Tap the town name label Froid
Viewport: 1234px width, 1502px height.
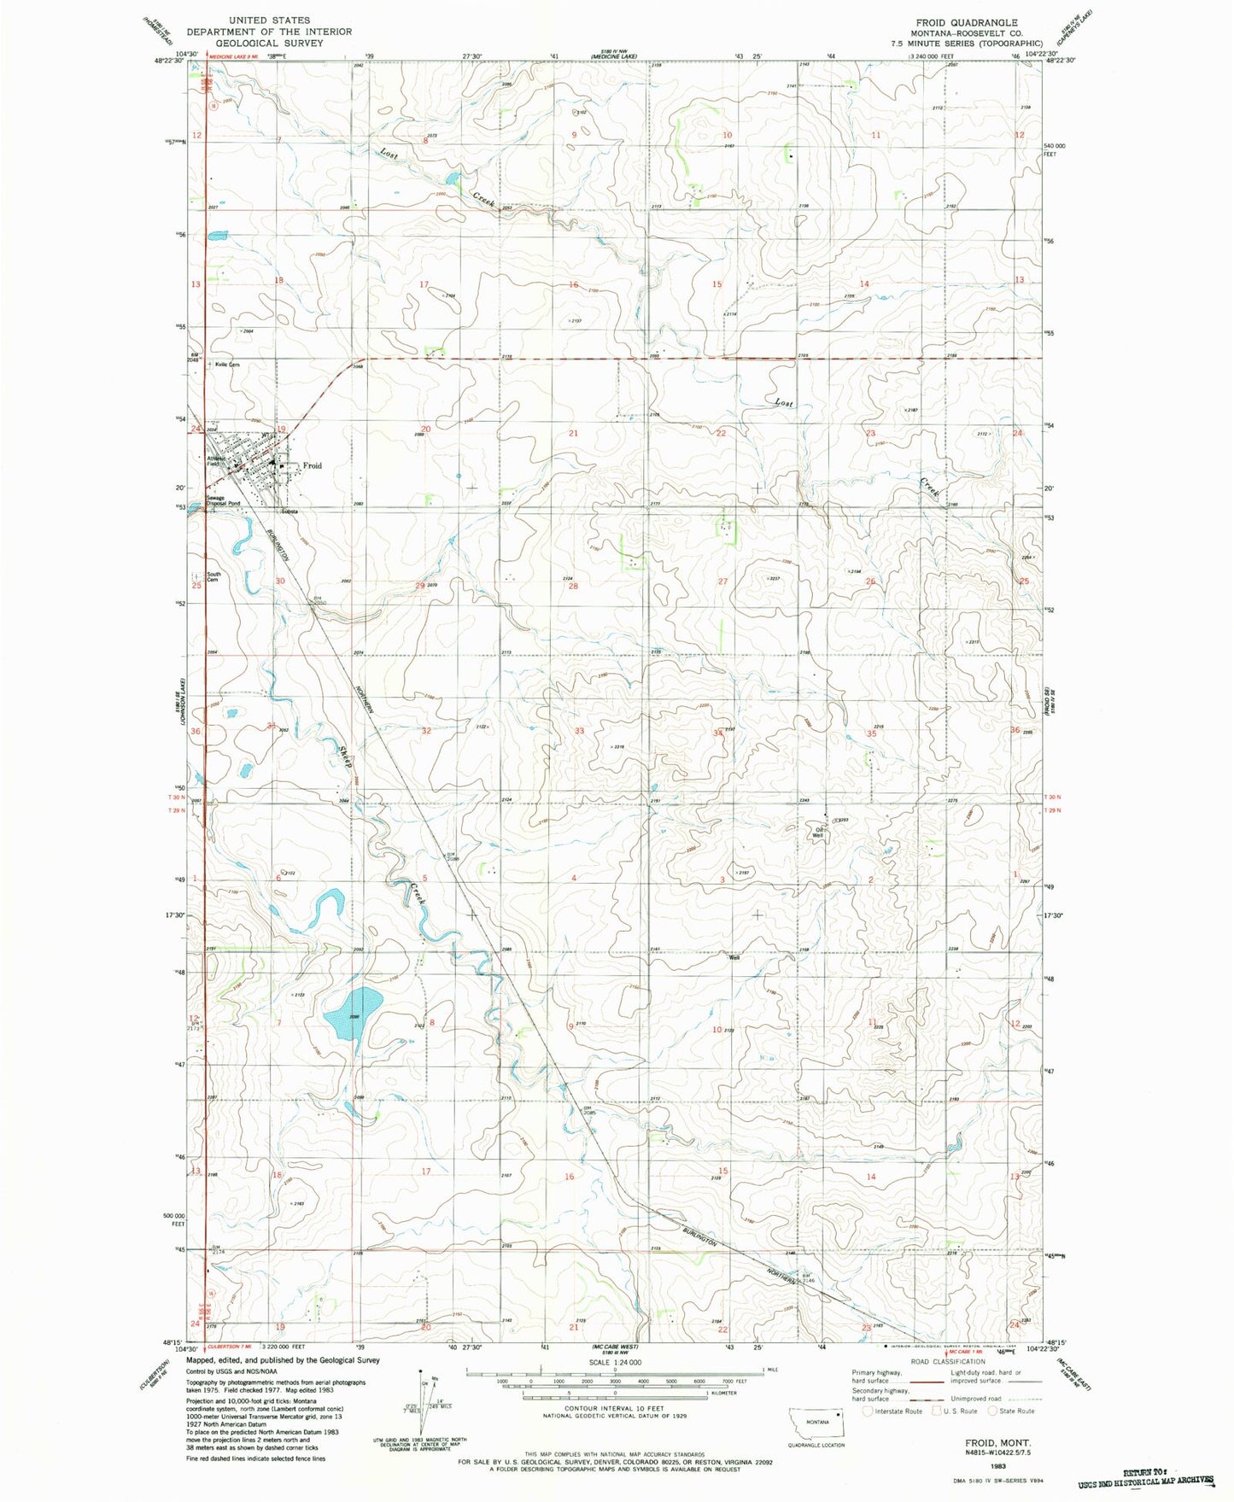pos(313,465)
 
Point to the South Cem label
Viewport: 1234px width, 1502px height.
pos(213,577)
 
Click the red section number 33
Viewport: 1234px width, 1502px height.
pos(579,731)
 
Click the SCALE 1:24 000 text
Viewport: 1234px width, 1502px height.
pos(615,1363)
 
